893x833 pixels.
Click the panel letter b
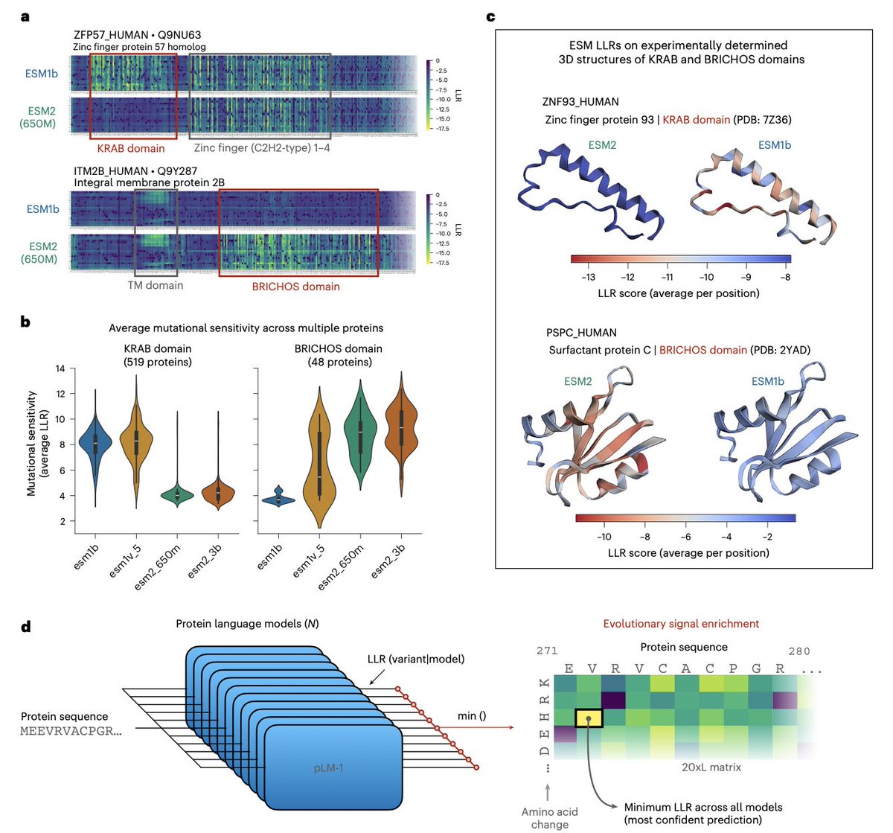pos(25,322)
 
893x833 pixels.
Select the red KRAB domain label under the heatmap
pos(131,148)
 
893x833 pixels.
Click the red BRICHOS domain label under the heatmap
pos(296,287)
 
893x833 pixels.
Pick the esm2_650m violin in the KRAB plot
pos(177,495)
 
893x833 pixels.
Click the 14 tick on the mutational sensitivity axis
pos(61,368)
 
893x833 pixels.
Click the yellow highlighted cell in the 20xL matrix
pos(589,718)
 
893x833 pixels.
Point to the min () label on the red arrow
pos(472,716)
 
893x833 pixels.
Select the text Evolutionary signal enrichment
pos(681,624)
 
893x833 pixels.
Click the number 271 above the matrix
pos(547,651)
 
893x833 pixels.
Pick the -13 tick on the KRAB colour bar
pos(587,277)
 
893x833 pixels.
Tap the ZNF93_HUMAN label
pos(580,102)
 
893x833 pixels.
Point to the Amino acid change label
pos(549,817)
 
